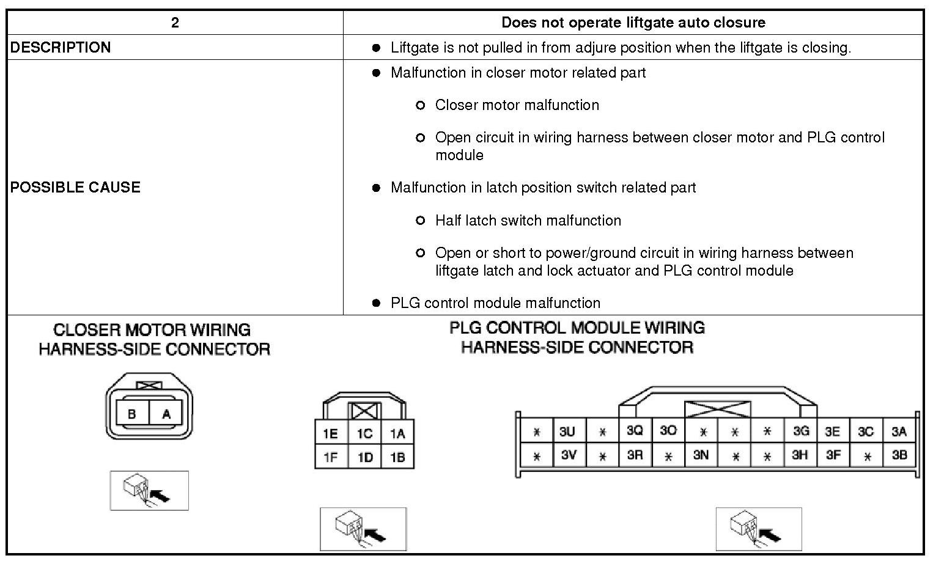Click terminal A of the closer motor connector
pyautogui.click(x=166, y=414)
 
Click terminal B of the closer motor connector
pyautogui.click(x=132, y=414)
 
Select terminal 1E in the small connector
pyautogui.click(x=331, y=433)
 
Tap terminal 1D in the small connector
pyautogui.click(x=365, y=457)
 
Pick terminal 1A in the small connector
pyautogui.click(x=397, y=433)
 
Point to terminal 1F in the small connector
pyautogui.click(x=331, y=457)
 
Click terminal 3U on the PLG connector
pyautogui.click(x=567, y=431)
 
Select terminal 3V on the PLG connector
pyautogui.click(x=569, y=455)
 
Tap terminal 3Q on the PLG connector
pyautogui.click(x=635, y=431)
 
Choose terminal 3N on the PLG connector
pyautogui.click(x=701, y=455)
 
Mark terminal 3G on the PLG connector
pyautogui.click(x=800, y=431)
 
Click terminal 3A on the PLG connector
pyautogui.click(x=899, y=431)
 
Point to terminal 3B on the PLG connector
pyautogui.click(x=899, y=455)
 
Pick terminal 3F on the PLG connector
pyautogui.click(x=833, y=455)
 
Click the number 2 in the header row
pyautogui.click(x=175, y=23)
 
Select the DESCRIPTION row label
pyautogui.click(x=61, y=48)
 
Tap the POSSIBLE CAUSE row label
pyautogui.click(x=75, y=187)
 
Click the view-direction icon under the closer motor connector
pyautogui.click(x=149, y=490)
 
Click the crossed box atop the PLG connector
pyautogui.click(x=717, y=409)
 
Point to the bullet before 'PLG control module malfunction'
pyautogui.click(x=377, y=303)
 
